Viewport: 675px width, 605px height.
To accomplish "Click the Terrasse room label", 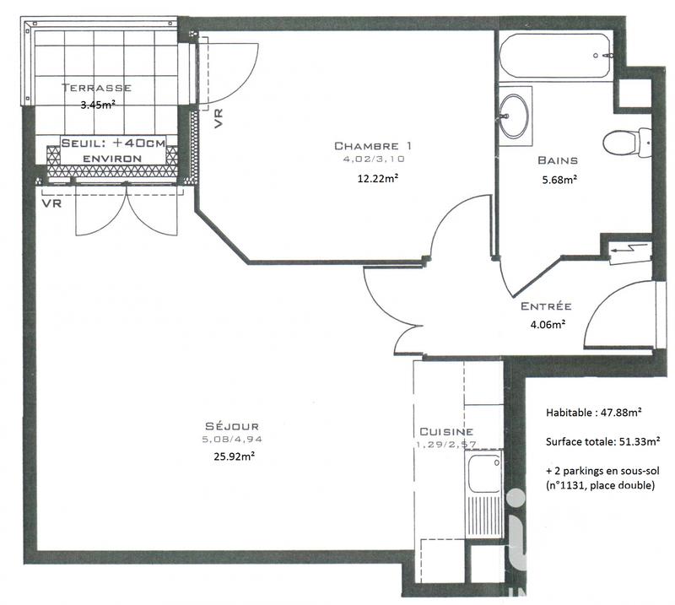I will coord(95,87).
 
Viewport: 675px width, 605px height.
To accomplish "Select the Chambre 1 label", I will coord(372,145).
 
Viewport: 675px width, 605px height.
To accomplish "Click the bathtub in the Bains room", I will coord(557,56).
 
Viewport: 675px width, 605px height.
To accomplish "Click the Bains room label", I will coord(558,159).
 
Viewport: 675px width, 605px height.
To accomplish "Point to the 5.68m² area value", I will coord(558,178).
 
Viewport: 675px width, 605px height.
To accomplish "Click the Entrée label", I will coord(546,306).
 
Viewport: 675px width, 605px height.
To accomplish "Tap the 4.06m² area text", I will coord(546,323).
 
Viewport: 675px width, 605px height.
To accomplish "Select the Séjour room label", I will coord(230,425).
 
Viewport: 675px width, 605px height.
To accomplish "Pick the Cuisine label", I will coord(446,430).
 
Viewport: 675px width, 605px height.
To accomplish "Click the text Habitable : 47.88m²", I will coord(595,413).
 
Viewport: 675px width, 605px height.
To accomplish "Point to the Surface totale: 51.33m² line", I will coord(602,440).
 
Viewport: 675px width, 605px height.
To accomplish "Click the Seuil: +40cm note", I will coord(113,144).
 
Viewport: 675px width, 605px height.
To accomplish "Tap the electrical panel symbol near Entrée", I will coord(631,251).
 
